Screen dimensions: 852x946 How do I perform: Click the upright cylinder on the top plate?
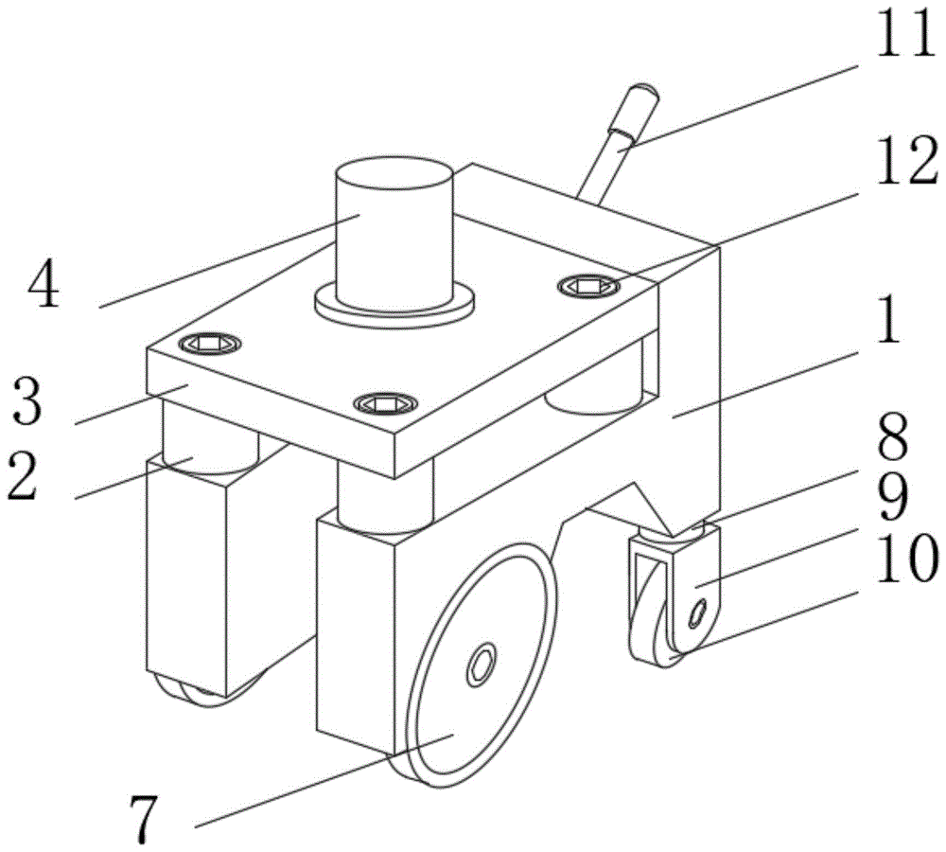[x=394, y=232]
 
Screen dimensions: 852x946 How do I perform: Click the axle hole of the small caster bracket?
[x=698, y=617]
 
